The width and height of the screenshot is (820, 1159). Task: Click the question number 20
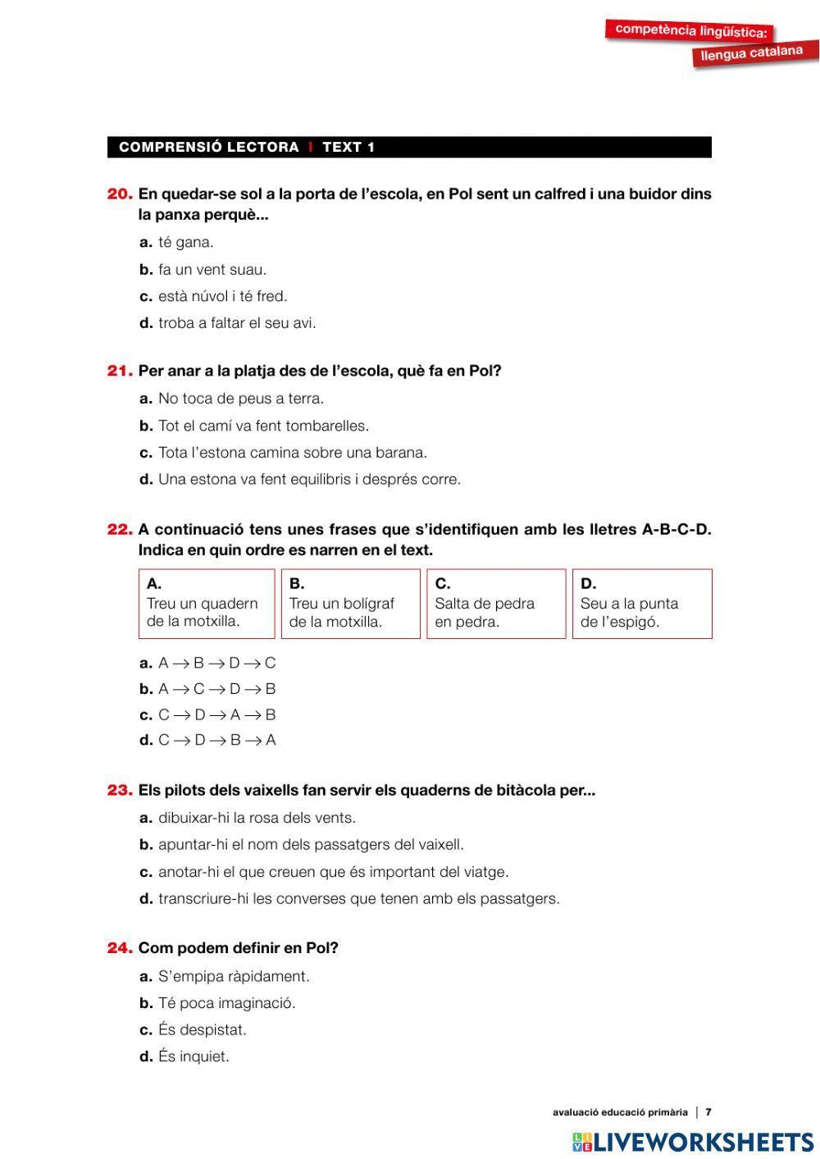120,194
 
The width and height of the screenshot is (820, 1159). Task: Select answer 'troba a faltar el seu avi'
236,323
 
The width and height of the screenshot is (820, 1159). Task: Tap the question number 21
120,371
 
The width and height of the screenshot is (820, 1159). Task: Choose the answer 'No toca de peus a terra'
240,399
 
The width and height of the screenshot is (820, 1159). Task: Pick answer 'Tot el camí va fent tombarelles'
263,426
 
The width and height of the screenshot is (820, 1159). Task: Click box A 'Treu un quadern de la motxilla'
207,604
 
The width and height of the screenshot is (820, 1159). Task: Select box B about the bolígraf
350,604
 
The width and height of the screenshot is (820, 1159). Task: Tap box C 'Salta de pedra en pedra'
496,604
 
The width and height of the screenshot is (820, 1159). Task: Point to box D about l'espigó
641,604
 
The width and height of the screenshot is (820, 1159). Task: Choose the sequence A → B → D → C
216,663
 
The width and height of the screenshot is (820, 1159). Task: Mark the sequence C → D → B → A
216,740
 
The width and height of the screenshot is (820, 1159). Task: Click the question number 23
120,791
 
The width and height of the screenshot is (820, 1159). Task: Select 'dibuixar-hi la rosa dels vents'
257,818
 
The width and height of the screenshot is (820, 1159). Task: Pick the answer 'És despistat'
202,1029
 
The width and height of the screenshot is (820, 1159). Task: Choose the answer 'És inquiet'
194,1056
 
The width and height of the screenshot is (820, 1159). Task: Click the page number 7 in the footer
708,1112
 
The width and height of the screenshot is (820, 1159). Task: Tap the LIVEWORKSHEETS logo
693,1141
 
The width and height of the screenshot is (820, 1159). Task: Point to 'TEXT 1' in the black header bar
348,148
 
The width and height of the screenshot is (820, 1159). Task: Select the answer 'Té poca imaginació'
226,1002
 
